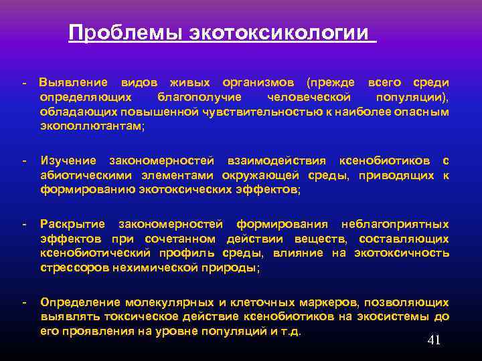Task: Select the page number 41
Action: pyautogui.click(x=434, y=341)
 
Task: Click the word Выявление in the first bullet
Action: pyautogui.click(x=74, y=82)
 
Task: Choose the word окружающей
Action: pyautogui.click(x=247, y=175)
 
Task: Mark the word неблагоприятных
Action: pyautogui.click(x=395, y=223)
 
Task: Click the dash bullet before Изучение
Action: pyautogui.click(x=24, y=161)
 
